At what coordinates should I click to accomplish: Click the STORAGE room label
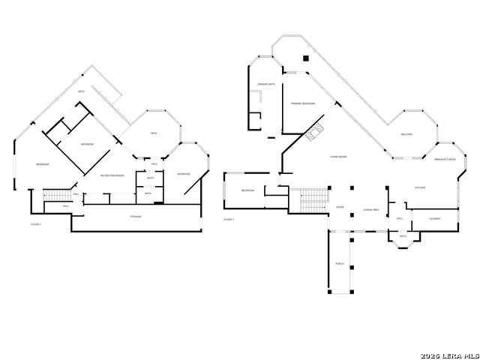point(136,217)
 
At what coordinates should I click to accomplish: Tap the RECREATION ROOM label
point(113,175)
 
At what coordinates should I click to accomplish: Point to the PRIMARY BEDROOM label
point(302,103)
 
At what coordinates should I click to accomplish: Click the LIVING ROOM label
point(338,157)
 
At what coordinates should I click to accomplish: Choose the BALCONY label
point(407,134)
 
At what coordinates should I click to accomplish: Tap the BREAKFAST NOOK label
point(445,159)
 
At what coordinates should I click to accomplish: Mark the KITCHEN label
point(421,187)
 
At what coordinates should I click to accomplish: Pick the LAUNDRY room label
point(434,218)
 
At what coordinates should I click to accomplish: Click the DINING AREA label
point(370,210)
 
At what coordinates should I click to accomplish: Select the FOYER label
point(340,208)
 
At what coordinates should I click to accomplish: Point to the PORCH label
point(340,264)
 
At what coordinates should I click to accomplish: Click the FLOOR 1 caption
point(35,224)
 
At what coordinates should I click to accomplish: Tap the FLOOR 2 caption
point(229,219)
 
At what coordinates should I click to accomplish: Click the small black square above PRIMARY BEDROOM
point(306,58)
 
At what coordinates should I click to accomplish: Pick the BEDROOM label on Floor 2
point(248,190)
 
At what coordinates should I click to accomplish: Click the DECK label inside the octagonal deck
point(154,133)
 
